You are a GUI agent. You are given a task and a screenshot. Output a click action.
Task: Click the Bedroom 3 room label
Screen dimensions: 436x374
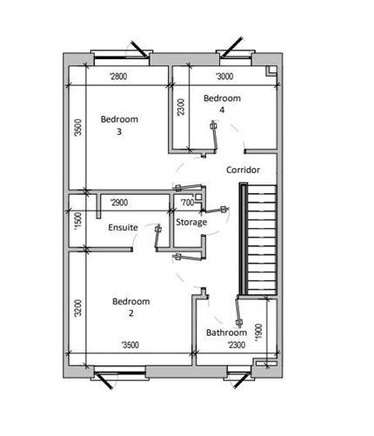pyautogui.click(x=118, y=125)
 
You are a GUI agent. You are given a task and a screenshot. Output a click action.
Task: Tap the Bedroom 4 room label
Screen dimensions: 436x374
pyautogui.click(x=221, y=104)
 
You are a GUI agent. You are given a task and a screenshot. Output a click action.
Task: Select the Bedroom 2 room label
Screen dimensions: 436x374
pyautogui.click(x=130, y=307)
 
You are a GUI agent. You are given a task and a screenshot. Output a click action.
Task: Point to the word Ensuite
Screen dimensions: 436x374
pyautogui.click(x=123, y=227)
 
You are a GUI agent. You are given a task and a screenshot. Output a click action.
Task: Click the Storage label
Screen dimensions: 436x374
pyautogui.click(x=191, y=223)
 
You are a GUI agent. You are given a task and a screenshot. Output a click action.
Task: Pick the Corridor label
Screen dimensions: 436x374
pyautogui.click(x=243, y=170)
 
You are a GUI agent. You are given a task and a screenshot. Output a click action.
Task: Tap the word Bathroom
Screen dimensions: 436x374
pyautogui.click(x=225, y=333)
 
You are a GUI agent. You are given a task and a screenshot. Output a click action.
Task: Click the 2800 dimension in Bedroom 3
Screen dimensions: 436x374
pyautogui.click(x=118, y=77)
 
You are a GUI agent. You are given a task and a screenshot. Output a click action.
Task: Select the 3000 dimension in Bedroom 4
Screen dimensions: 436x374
pyautogui.click(x=224, y=77)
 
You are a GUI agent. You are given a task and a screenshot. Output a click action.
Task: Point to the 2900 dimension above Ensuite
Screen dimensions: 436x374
pyautogui.click(x=118, y=203)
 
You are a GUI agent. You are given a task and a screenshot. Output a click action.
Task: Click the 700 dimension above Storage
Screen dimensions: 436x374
pyautogui.click(x=186, y=203)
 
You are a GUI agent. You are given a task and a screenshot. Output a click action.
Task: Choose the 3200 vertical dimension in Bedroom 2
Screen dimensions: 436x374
pyautogui.click(x=77, y=307)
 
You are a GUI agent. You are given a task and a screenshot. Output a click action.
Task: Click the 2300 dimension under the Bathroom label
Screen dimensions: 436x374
pyautogui.click(x=237, y=345)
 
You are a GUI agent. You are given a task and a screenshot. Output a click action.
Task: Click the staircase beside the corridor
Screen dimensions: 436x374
pyautogui.click(x=260, y=240)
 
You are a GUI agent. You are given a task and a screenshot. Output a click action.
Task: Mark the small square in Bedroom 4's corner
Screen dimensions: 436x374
pyautogui.click(x=272, y=71)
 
